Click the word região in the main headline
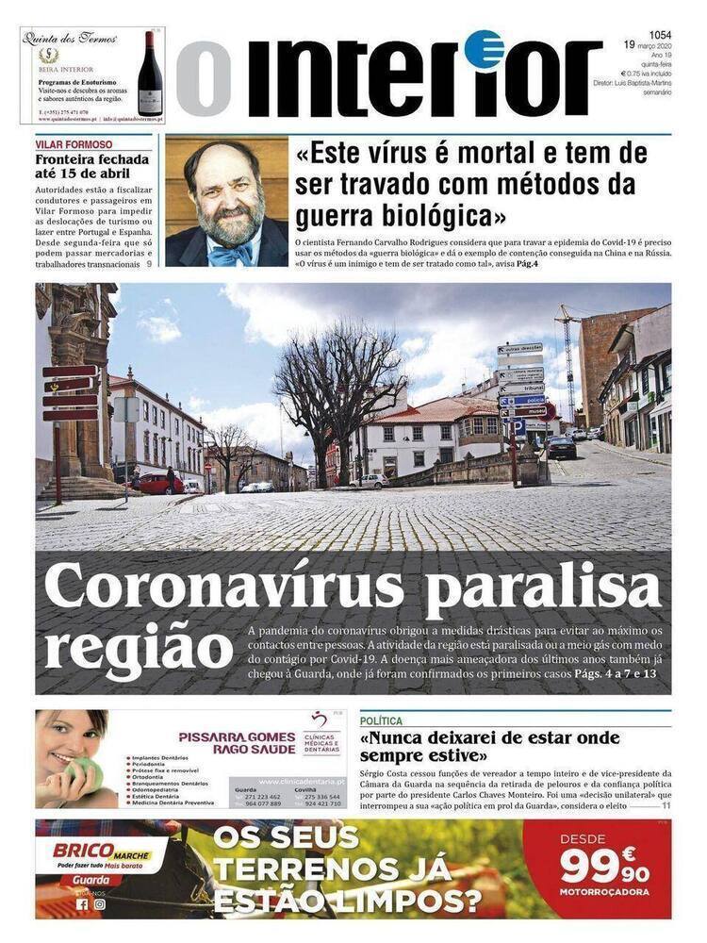pyautogui.click(x=138, y=648)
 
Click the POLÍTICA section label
pyautogui.click(x=381, y=720)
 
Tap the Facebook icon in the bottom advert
pyautogui.click(x=82, y=903)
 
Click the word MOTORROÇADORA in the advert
pyautogui.click(x=604, y=891)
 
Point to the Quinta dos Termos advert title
pyautogui.click(x=72, y=39)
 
